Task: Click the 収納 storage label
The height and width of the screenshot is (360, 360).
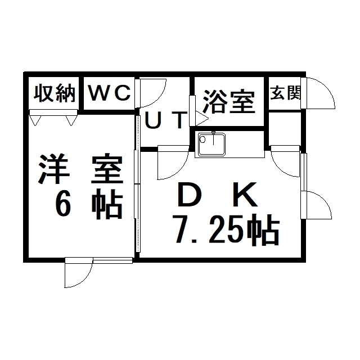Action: tap(55, 93)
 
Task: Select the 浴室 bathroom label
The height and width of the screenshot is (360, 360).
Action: tap(229, 102)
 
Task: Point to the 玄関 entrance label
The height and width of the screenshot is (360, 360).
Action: tap(285, 93)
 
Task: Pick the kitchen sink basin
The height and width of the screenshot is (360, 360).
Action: tap(211, 144)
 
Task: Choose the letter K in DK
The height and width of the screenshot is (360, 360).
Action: tap(245, 194)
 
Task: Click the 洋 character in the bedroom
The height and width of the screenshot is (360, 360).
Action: tap(54, 169)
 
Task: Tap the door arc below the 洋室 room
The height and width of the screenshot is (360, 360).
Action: tap(85, 278)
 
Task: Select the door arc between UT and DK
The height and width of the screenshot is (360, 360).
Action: tap(181, 169)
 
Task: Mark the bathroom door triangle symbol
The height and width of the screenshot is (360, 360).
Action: tap(202, 119)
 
